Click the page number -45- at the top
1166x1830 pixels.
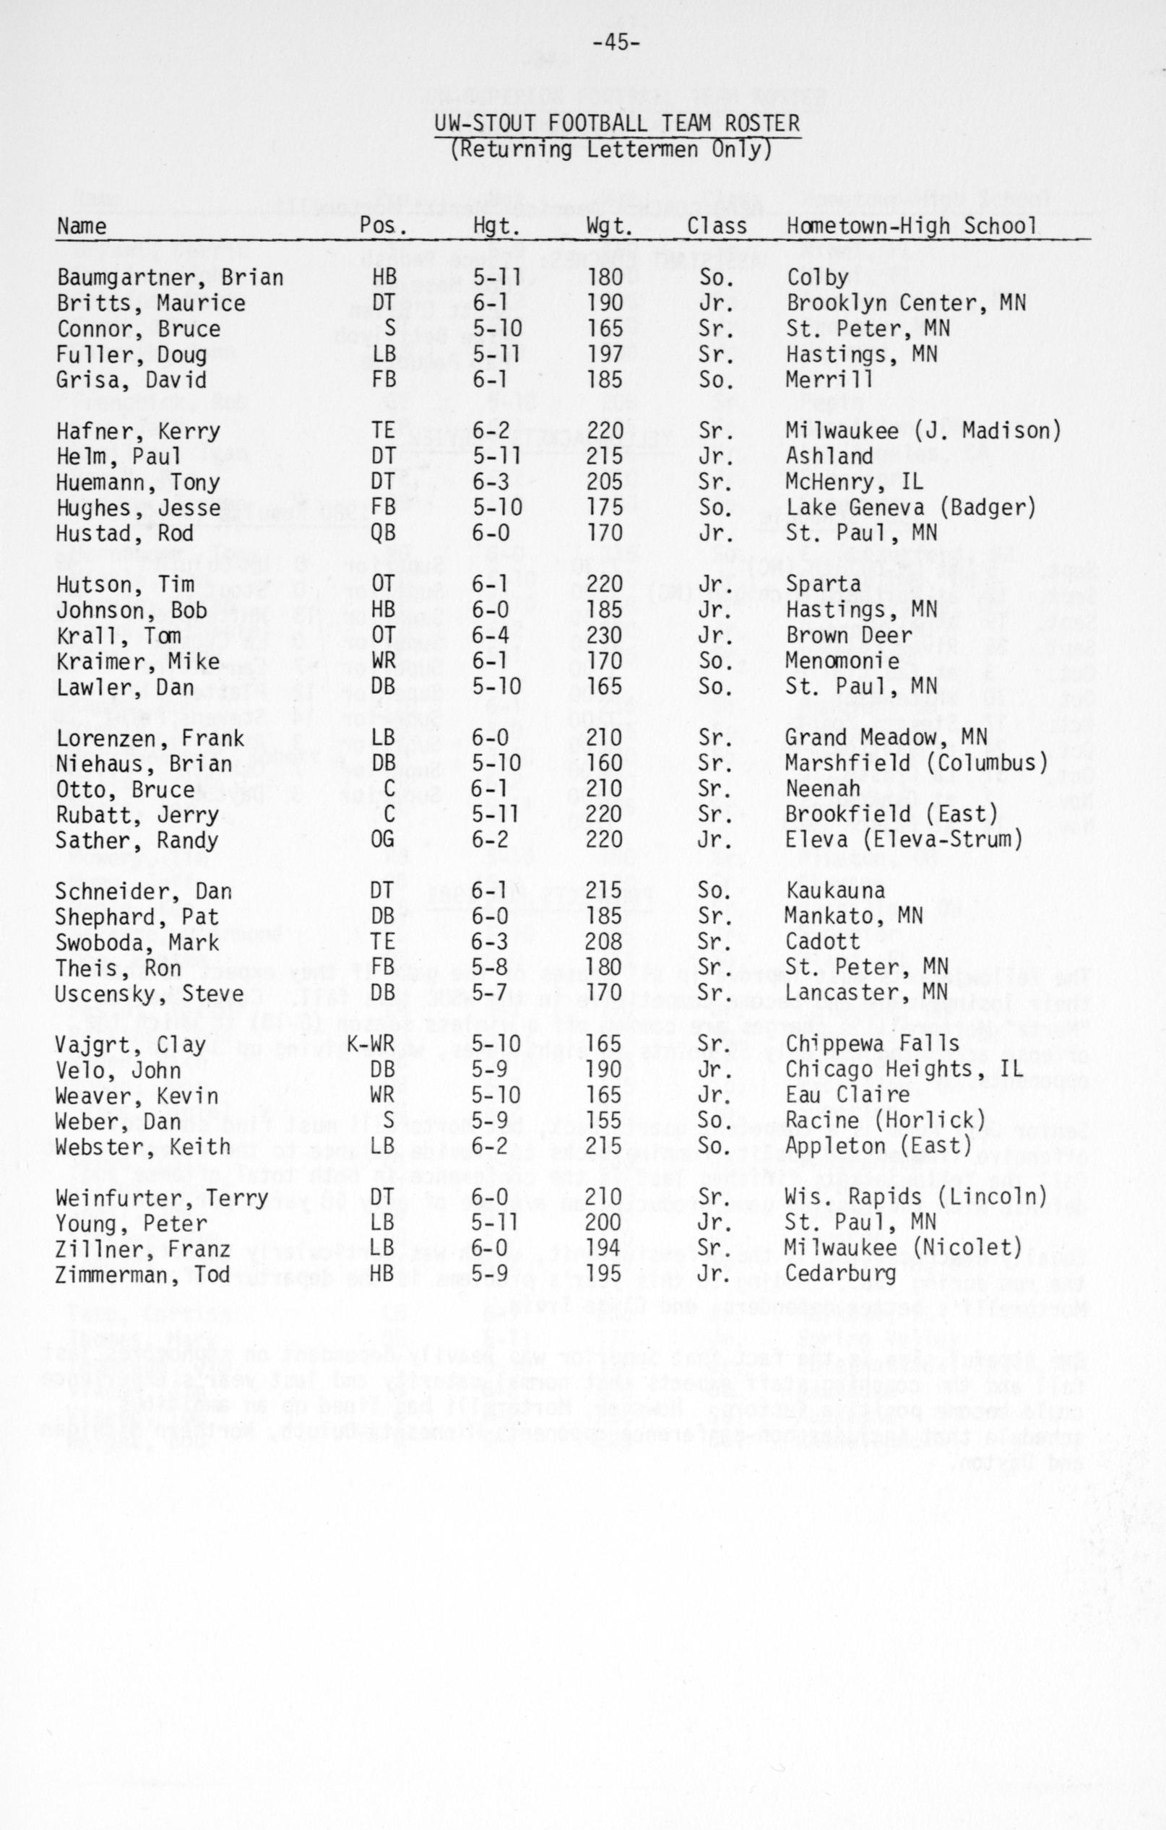pyautogui.click(x=616, y=43)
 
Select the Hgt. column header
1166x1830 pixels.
pyautogui.click(x=496, y=226)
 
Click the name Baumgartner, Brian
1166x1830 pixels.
pyautogui.click(x=170, y=277)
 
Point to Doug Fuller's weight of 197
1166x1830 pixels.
pyautogui.click(x=605, y=354)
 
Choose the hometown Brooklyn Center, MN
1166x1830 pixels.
pyautogui.click(x=906, y=303)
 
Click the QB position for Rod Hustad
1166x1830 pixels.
pyautogui.click(x=384, y=533)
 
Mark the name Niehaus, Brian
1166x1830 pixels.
pyautogui.click(x=144, y=763)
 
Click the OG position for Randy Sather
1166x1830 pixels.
pyautogui.click(x=383, y=840)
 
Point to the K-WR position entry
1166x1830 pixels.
pyautogui.click(x=371, y=1044)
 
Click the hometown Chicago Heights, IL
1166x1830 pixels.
pyautogui.click(x=904, y=1070)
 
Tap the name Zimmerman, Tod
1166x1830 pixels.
pyautogui.click(x=142, y=1275)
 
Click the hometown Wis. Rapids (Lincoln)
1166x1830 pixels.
pyautogui.click(x=916, y=1199)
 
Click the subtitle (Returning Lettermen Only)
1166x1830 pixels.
pyautogui.click(x=611, y=149)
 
